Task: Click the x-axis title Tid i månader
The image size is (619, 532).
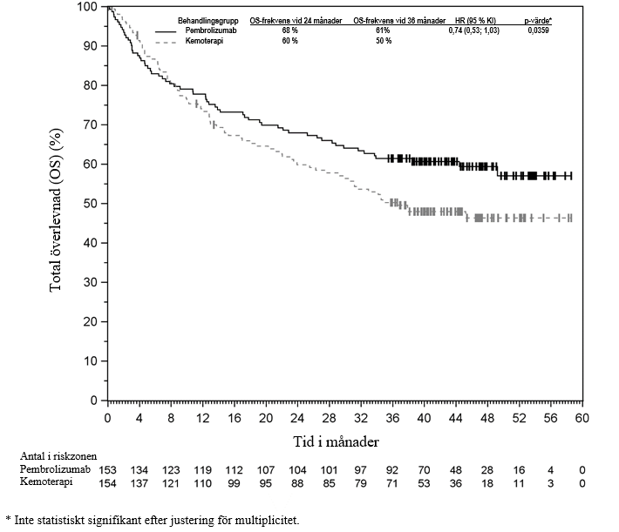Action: (337, 441)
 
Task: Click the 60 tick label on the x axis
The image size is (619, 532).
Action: (582, 418)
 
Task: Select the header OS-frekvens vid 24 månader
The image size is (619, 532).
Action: (297, 19)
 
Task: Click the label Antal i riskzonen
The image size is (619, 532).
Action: (58, 456)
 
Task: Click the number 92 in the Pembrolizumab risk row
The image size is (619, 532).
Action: (392, 469)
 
